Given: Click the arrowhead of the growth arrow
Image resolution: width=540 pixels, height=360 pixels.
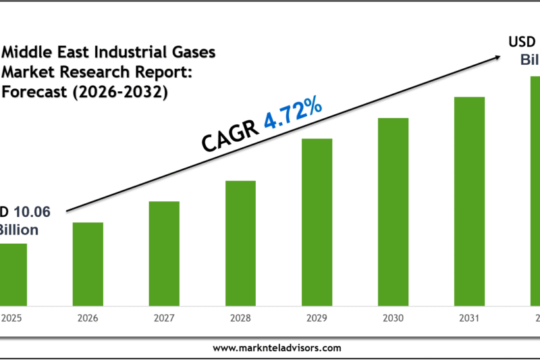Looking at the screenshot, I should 495,59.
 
